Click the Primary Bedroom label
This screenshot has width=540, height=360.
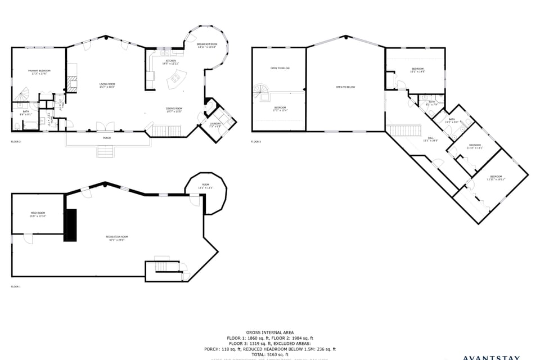(39, 71)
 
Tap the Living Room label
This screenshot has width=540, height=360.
(107, 85)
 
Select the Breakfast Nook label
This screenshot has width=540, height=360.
(207, 46)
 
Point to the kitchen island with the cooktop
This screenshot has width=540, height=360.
(177, 83)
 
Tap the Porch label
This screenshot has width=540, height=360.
(107, 138)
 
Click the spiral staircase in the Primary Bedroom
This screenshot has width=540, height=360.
(21, 94)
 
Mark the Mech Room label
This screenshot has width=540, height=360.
(38, 214)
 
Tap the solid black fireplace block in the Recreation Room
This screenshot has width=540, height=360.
(70, 225)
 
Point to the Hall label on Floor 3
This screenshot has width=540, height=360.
(430, 138)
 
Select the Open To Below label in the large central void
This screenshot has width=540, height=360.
(345, 87)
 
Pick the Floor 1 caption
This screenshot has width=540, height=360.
(16, 287)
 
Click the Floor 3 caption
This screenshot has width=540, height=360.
(256, 142)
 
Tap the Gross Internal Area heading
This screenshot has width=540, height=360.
(270, 332)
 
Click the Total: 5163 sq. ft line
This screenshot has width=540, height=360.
(270, 354)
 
